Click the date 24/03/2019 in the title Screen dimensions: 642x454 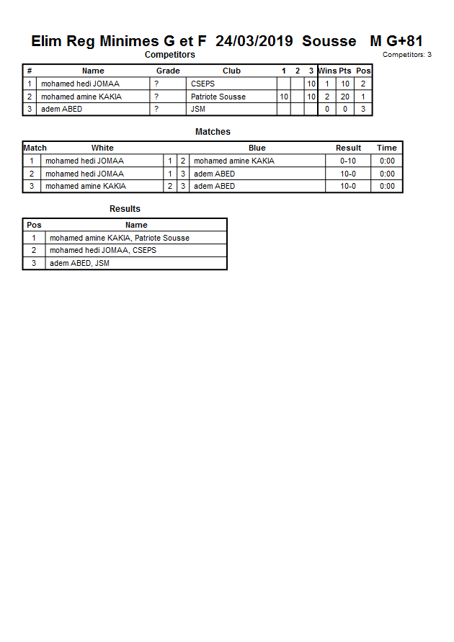pyautogui.click(x=254, y=41)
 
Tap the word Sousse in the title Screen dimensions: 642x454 pyautogui.click(x=329, y=41)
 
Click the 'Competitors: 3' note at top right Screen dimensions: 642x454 pyautogui.click(x=406, y=55)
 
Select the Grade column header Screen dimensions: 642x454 pyautogui.click(x=168, y=71)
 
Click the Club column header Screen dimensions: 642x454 pyautogui.click(x=231, y=71)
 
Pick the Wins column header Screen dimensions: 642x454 pyautogui.click(x=327, y=71)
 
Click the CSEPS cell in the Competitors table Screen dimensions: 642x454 pyautogui.click(x=202, y=84)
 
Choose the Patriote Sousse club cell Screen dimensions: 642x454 pyautogui.click(x=218, y=97)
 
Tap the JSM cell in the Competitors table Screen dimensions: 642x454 pyautogui.click(x=197, y=109)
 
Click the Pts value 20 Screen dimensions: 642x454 pyautogui.click(x=345, y=97)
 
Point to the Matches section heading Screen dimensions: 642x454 pyautogui.click(x=213, y=132)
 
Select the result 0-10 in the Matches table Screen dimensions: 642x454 pyautogui.click(x=348, y=161)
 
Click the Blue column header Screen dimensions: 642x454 pyautogui.click(x=257, y=148)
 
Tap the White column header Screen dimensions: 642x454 pyautogui.click(x=102, y=148)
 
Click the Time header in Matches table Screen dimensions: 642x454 pyautogui.click(x=386, y=148)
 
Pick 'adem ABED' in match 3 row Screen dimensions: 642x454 pyautogui.click(x=214, y=186)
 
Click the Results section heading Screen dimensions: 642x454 pyautogui.click(x=125, y=209)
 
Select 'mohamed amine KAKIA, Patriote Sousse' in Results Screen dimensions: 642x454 pyautogui.click(x=119, y=238)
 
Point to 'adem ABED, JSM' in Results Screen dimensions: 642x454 pyautogui.click(x=79, y=263)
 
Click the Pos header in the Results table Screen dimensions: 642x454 pyautogui.click(x=34, y=225)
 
